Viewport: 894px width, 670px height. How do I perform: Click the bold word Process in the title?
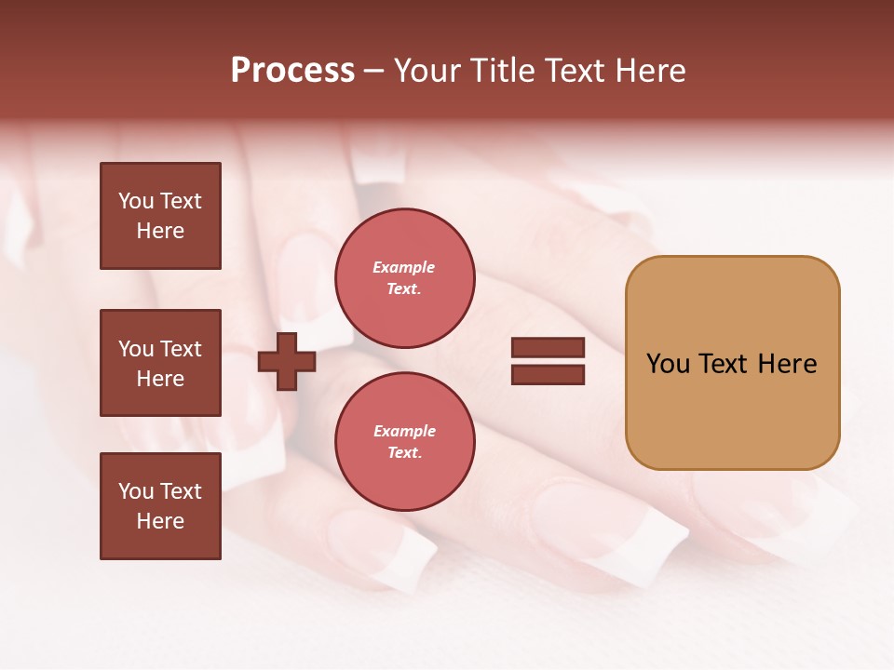click(292, 71)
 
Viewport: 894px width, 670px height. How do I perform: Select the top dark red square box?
click(160, 216)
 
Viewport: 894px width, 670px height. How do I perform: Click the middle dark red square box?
click(160, 363)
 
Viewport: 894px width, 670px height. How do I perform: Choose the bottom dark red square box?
click(160, 506)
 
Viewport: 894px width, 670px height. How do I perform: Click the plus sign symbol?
click(287, 361)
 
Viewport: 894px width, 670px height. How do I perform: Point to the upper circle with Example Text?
click(404, 278)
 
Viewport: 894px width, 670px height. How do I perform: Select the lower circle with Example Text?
click(404, 442)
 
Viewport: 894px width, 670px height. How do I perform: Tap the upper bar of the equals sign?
click(548, 348)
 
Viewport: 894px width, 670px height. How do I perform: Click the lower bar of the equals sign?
click(548, 375)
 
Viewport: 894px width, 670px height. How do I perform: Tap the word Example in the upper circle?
click(404, 267)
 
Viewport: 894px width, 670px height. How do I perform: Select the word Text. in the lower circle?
click(404, 453)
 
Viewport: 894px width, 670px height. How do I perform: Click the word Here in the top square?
click(160, 231)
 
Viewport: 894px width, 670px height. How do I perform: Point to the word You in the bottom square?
click(136, 491)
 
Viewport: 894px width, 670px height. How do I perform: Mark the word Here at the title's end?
click(650, 71)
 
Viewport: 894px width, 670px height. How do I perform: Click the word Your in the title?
click(428, 71)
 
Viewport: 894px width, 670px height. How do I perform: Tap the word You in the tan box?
click(669, 364)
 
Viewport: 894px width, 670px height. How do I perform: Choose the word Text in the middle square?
click(181, 349)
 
